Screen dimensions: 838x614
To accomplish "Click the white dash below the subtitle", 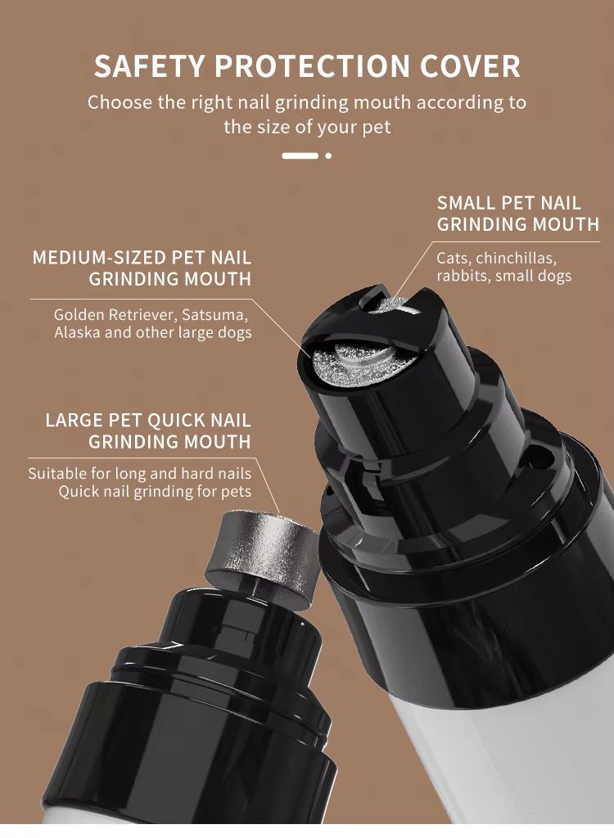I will click(x=300, y=155).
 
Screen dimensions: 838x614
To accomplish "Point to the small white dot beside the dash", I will click(x=328, y=155).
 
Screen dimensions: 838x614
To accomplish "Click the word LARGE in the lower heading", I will click(x=74, y=421).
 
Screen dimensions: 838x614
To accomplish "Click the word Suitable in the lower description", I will click(x=56, y=473).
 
